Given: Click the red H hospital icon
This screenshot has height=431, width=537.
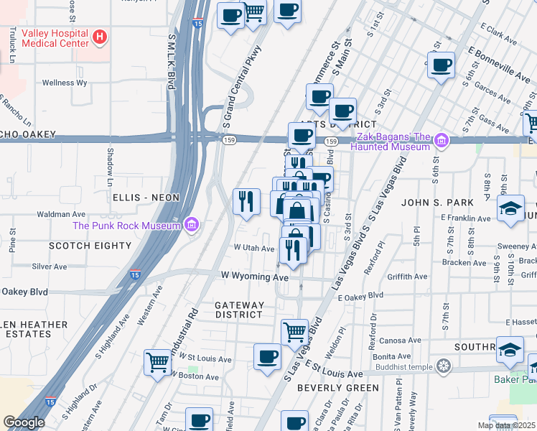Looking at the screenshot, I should [x=101, y=35].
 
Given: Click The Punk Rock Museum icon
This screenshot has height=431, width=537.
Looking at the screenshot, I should [x=190, y=226].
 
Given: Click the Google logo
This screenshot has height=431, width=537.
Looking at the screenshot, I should [x=23, y=422].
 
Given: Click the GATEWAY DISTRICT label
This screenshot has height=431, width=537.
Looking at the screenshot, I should [x=239, y=310].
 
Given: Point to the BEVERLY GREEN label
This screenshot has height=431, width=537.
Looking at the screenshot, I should [x=338, y=388].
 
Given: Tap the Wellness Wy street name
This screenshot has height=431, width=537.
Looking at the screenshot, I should [x=65, y=83].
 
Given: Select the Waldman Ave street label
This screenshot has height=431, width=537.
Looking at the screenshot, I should [x=62, y=213].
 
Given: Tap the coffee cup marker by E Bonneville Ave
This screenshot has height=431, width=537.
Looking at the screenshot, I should [x=441, y=66].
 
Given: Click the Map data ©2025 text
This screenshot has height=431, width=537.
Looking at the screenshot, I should [x=506, y=425].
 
